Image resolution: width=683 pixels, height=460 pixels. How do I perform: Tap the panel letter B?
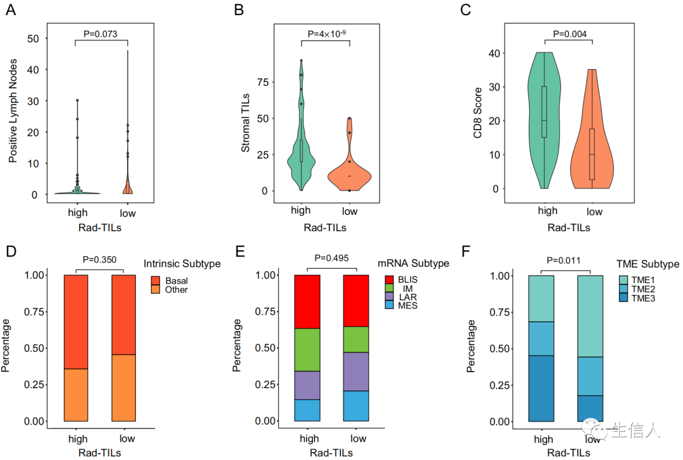click(x=238, y=10)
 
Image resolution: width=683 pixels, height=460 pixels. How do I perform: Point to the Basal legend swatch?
click(x=154, y=280)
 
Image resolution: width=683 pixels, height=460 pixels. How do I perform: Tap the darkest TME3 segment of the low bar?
click(x=589, y=408)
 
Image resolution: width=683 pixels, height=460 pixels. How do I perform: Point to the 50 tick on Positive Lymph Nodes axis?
click(x=34, y=39)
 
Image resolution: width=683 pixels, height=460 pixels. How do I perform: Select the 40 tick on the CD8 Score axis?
click(x=493, y=53)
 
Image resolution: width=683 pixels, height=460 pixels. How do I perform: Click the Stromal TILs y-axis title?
click(x=246, y=124)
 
